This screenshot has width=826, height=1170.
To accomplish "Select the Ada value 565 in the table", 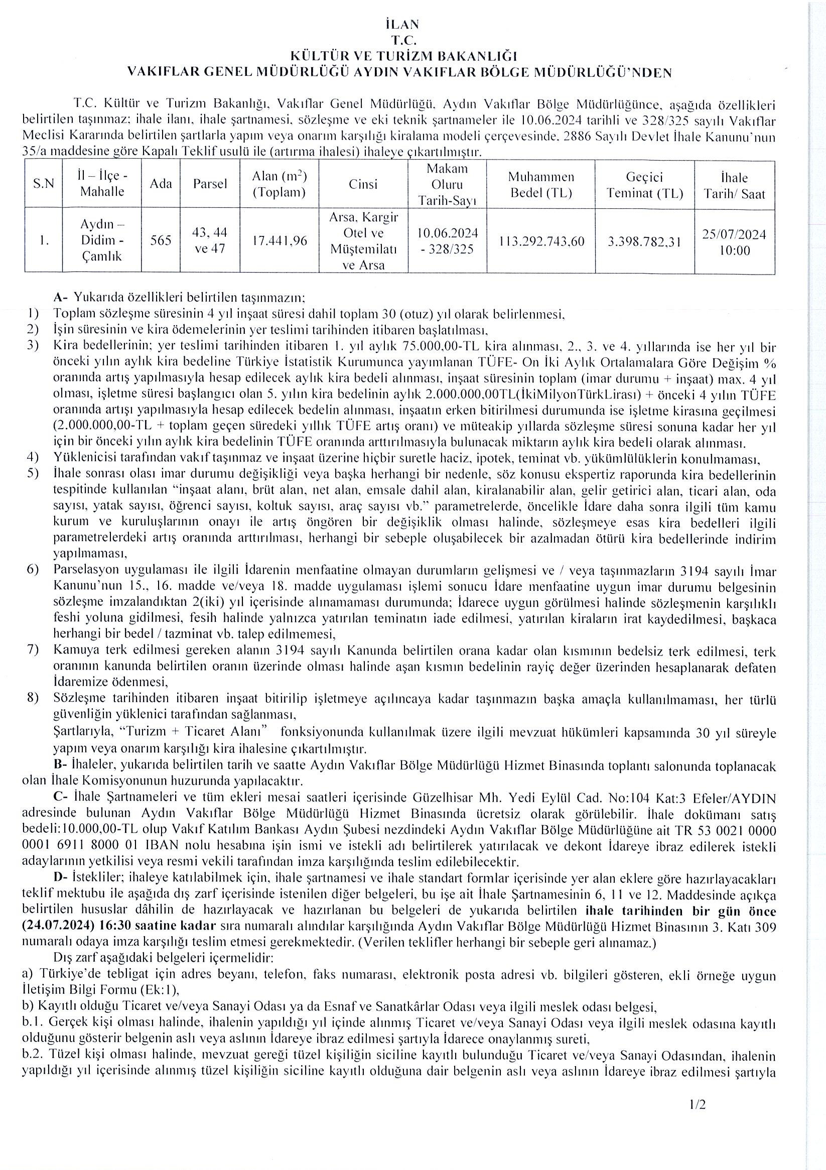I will (x=161, y=240).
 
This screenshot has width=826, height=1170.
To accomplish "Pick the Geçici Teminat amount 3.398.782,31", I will (x=644, y=241).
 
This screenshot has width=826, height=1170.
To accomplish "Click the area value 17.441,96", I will (x=280, y=240).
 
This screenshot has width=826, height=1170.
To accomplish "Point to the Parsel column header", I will (x=210, y=184).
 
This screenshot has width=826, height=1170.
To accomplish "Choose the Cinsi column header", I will (x=363, y=184).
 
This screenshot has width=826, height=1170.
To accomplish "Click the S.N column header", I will (x=44, y=184).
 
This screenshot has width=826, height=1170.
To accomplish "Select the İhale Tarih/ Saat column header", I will (x=734, y=186).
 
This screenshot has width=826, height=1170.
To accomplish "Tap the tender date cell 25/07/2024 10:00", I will (x=734, y=242).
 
